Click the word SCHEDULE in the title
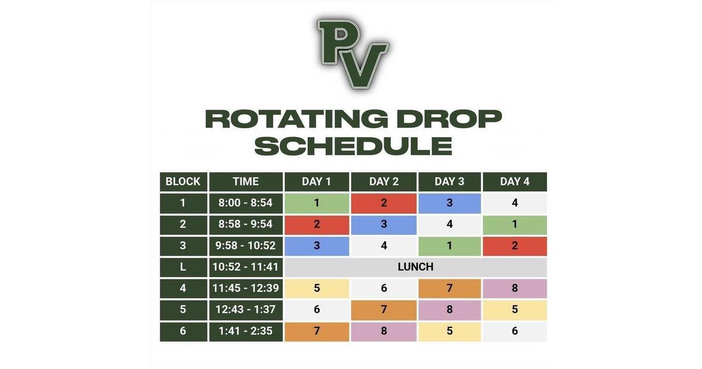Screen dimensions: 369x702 point(353,145)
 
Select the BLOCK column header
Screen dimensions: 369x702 point(183,182)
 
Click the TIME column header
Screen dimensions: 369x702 point(246,182)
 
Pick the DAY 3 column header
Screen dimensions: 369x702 point(449,182)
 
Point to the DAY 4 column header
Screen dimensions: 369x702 point(515,182)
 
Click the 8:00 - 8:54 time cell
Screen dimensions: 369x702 point(246,203)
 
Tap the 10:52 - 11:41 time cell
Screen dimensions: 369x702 point(246,267)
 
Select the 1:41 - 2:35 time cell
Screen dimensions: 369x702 point(246,331)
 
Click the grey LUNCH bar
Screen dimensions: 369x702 point(415,267)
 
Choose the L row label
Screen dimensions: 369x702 point(183,267)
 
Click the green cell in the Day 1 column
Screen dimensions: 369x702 point(316,203)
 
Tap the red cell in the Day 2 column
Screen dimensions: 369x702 point(384,203)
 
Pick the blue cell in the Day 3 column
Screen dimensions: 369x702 point(449,203)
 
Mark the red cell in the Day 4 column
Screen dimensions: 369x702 point(515,246)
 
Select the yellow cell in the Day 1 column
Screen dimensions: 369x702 point(316,288)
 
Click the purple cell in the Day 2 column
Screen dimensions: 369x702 point(384,331)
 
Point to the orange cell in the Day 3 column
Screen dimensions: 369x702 point(449,288)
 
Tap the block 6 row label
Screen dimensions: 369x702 point(183,331)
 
